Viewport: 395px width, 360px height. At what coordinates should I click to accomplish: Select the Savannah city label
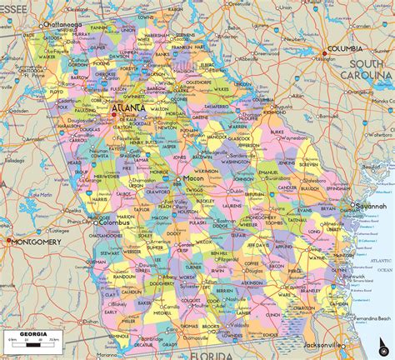coord(371,206)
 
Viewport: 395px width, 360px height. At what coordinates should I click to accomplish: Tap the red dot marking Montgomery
coord(9,241)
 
